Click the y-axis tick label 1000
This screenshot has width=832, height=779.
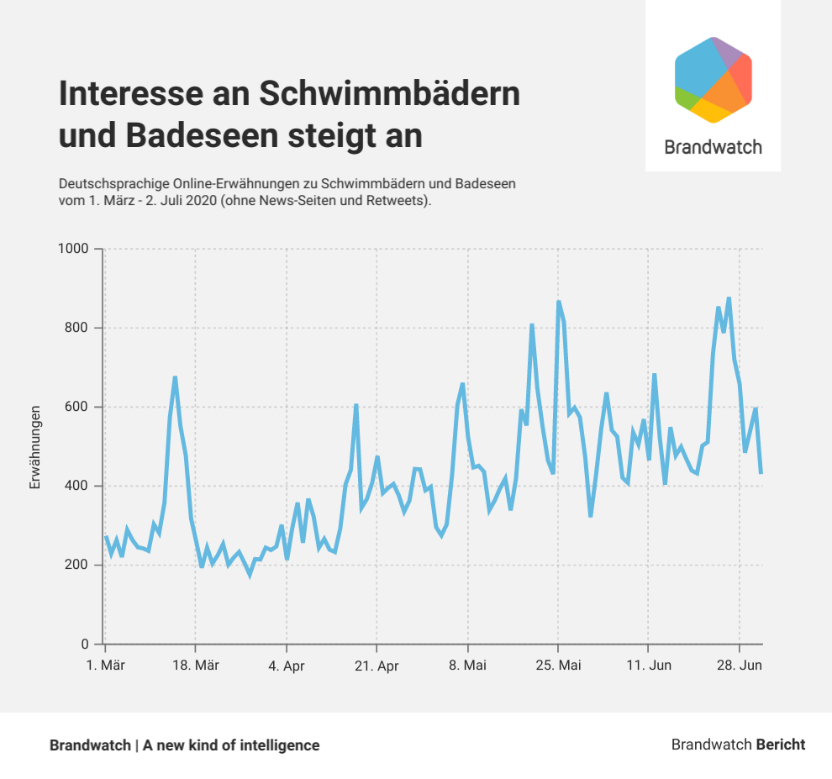[74, 249]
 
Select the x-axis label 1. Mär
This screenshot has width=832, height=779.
[106, 666]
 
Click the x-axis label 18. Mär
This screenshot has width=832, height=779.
[196, 666]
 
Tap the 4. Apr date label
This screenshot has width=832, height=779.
[287, 666]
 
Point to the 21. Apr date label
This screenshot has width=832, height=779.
[377, 666]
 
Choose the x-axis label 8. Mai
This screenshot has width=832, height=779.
[468, 666]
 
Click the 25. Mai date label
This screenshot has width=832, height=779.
[558, 666]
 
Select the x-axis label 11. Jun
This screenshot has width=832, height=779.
[649, 666]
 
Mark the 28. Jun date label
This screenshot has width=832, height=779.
[740, 666]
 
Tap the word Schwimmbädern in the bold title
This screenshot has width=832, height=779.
[389, 94]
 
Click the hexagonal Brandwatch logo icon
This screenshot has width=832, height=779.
[713, 80]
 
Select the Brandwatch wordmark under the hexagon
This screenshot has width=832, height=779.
[713, 147]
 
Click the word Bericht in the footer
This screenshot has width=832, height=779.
[781, 745]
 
